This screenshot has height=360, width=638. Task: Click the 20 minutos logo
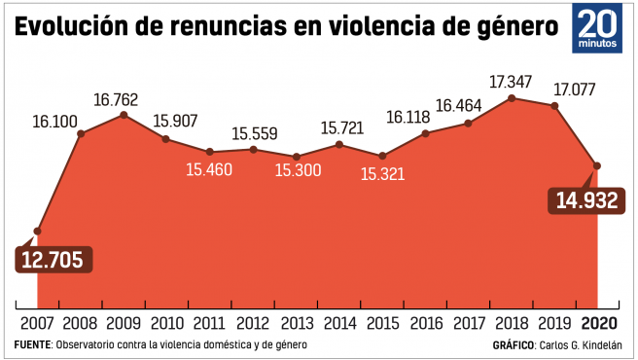pyautogui.click(x=597, y=28)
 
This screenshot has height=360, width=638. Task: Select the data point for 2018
pyautogui.click(x=512, y=98)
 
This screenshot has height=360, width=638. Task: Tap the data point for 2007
pyautogui.click(x=37, y=232)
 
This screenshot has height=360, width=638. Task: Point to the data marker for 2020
pyautogui.click(x=597, y=165)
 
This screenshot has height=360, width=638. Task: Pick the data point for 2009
pyautogui.click(x=124, y=115)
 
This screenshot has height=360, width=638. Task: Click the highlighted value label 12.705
pyautogui.click(x=53, y=260)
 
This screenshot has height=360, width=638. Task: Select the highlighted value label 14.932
pyautogui.click(x=586, y=200)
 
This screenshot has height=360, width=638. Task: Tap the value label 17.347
pyautogui.click(x=511, y=82)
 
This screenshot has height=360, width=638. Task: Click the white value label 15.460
pyautogui.click(x=209, y=170)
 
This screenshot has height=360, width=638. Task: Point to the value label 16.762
pyautogui.click(x=116, y=100)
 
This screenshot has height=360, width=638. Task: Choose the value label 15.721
pyautogui.click(x=341, y=128)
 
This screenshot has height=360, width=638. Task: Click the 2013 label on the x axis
pyautogui.click(x=298, y=323)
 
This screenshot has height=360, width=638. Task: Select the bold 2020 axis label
pyautogui.click(x=599, y=323)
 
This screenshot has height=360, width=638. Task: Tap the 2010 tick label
pyautogui.click(x=167, y=323)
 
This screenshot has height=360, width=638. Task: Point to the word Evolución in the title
pyautogui.click(x=72, y=25)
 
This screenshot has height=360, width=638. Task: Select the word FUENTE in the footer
pyautogui.click(x=32, y=345)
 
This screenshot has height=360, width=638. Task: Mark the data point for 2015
pyautogui.click(x=382, y=156)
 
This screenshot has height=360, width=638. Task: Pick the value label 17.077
pyautogui.click(x=575, y=90)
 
